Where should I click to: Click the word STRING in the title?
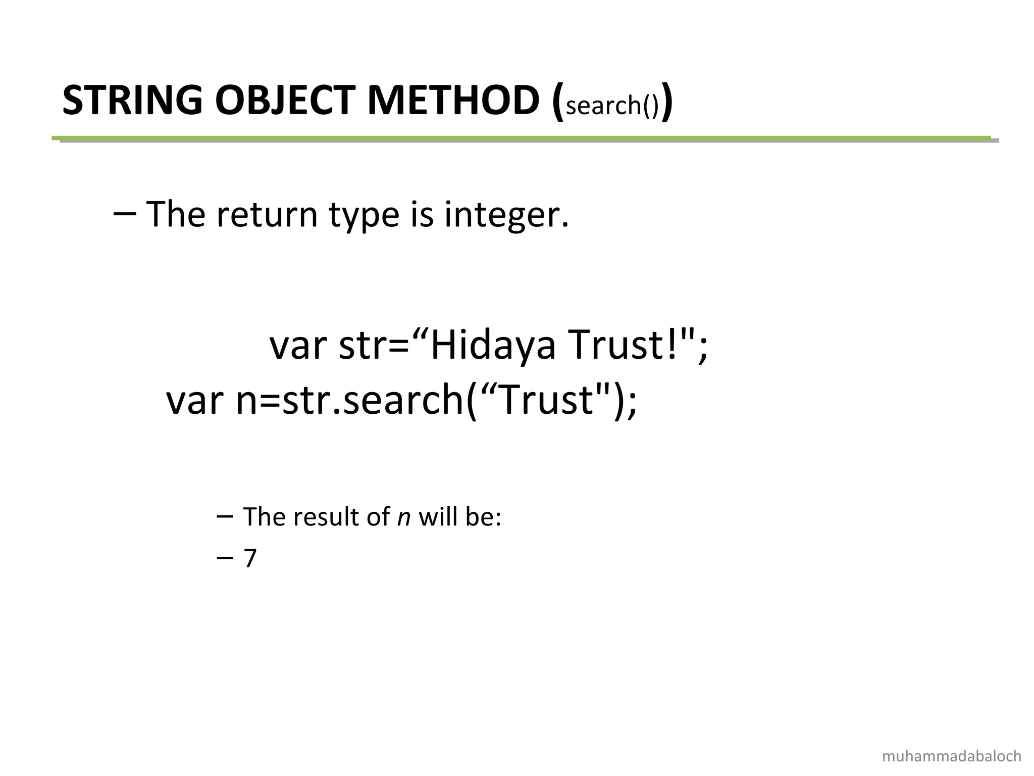tap(132, 101)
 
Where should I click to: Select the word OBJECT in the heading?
tap(285, 101)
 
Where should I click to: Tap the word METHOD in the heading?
tap(453, 101)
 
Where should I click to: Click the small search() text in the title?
tap(612, 105)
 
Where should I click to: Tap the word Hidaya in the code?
tap(492, 346)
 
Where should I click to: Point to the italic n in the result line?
tap(403, 517)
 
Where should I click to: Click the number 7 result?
tap(250, 559)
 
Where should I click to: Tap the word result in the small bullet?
tap(322, 517)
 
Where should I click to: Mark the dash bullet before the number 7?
tap(224, 558)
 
